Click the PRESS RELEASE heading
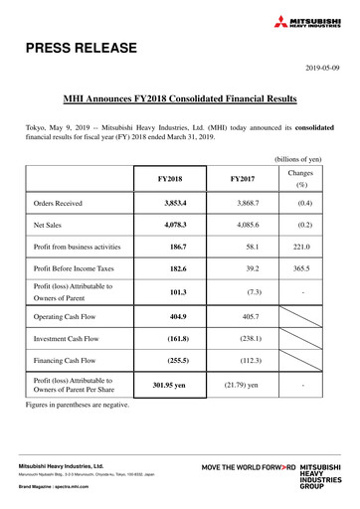coord(77,47)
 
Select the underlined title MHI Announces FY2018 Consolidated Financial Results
coord(180,99)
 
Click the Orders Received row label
coord(58,204)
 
